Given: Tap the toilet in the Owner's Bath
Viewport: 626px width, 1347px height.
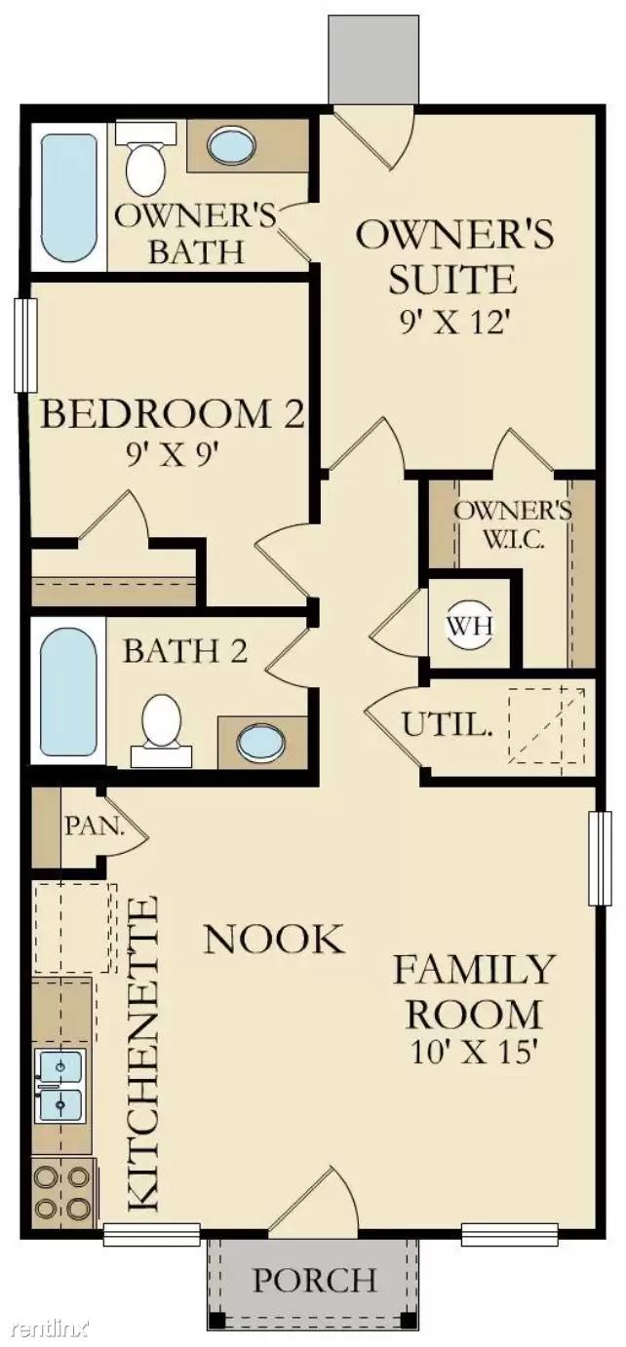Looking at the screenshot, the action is click(x=145, y=156).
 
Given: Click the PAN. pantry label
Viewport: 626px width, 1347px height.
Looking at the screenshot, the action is click(x=95, y=827).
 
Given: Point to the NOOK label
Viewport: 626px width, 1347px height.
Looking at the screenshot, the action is click(x=275, y=939).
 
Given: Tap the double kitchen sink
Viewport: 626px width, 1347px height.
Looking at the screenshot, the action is click(x=60, y=1086).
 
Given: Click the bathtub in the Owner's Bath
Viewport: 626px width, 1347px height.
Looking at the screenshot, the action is click(x=68, y=198).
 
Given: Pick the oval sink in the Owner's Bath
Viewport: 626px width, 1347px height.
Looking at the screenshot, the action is click(x=231, y=145).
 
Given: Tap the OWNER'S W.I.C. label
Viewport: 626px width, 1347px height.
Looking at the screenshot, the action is click(x=513, y=523).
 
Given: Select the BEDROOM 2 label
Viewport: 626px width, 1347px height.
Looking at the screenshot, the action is click(x=172, y=414).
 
